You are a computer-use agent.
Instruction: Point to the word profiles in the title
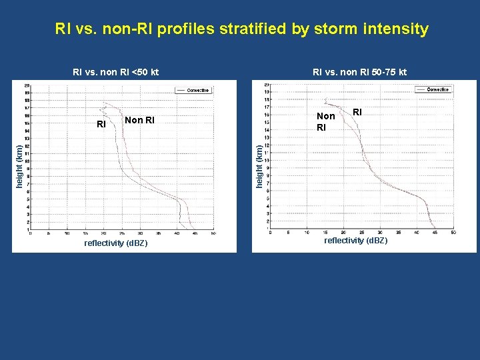click(x=189, y=29)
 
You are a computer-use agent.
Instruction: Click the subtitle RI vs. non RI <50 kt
click(x=115, y=72)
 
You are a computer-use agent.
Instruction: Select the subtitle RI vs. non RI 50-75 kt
click(x=360, y=72)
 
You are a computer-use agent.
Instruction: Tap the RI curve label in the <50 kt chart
click(x=101, y=124)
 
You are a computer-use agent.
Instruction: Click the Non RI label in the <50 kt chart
click(x=139, y=121)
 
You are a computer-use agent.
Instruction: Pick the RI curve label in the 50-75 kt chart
click(x=357, y=112)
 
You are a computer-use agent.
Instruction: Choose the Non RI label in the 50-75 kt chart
click(x=325, y=121)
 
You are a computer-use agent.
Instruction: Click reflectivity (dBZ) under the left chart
click(x=116, y=243)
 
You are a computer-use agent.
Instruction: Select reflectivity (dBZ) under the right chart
click(x=355, y=240)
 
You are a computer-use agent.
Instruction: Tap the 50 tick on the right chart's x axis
click(x=453, y=233)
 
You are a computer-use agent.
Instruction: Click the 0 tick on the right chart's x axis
click(x=270, y=233)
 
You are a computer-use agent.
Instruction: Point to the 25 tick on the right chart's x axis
click(x=361, y=233)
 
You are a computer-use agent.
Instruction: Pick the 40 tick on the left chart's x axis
click(x=177, y=233)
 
